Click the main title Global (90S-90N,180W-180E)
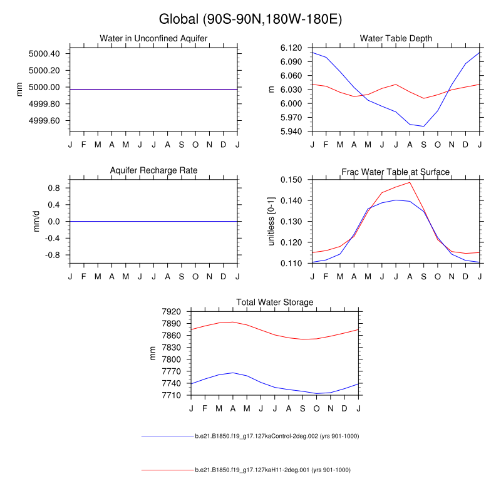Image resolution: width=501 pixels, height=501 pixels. point(250,19)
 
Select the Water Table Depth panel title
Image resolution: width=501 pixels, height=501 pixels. point(396,39)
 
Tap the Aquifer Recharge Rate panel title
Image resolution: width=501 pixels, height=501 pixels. point(153,171)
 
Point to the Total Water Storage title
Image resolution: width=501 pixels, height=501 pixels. point(274,302)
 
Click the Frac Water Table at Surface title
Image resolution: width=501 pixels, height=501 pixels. point(396,172)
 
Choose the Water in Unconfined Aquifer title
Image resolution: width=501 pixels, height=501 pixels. point(153,39)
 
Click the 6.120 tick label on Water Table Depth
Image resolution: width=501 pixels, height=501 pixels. point(291,48)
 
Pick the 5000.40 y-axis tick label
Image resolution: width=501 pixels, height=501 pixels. point(44,54)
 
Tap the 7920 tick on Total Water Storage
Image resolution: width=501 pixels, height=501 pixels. point(171,311)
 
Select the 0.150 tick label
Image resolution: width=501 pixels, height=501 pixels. point(291,180)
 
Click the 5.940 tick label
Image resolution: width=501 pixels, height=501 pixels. point(291,132)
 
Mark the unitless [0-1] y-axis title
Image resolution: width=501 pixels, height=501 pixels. point(272,221)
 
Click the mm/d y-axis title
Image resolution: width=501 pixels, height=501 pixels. point(36,221)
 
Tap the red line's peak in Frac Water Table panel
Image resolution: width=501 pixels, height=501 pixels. point(410,182)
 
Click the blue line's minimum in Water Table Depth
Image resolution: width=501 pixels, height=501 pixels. point(424,127)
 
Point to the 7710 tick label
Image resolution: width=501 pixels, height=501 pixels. point(171,395)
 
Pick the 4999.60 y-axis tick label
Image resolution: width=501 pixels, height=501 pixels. point(44,121)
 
